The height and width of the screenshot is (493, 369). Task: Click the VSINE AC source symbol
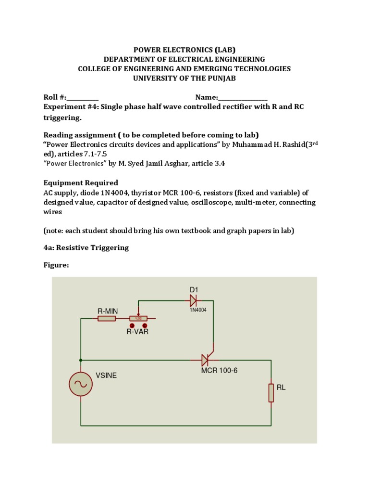[x=81, y=383]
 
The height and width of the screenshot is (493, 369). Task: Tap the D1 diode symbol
[x=193, y=301]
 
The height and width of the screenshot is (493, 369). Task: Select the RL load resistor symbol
[x=271, y=392]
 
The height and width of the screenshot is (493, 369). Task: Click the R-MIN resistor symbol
[x=106, y=319]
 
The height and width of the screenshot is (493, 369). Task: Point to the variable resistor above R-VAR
[x=139, y=319]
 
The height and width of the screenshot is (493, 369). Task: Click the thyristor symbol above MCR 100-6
[x=206, y=360]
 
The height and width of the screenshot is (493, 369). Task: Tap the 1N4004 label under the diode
[x=197, y=310]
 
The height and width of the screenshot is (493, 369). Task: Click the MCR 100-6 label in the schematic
[x=220, y=370]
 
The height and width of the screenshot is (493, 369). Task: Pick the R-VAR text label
[x=137, y=332]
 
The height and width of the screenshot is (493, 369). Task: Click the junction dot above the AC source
[x=81, y=360]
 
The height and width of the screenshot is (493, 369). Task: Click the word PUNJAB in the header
[x=221, y=78]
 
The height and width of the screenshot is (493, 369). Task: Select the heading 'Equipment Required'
[x=81, y=183]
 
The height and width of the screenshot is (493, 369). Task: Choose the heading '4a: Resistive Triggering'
[x=86, y=247]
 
